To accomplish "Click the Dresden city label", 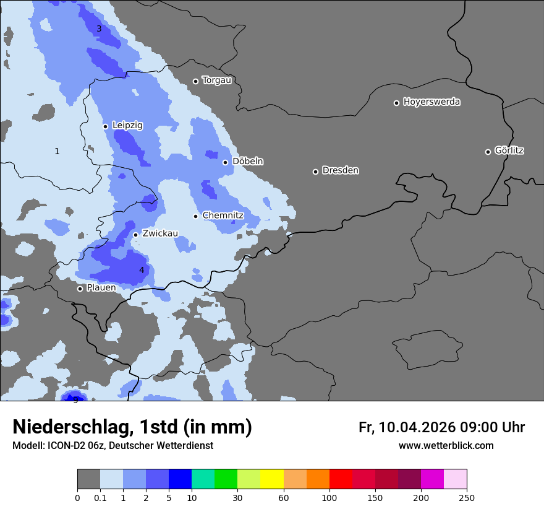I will [x=340, y=170].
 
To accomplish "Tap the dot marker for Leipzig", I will [x=105, y=126].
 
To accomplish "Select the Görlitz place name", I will [x=509, y=150].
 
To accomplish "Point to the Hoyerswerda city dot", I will [x=396, y=103].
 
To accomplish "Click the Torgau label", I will [x=216, y=81].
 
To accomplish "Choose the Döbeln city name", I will [x=247, y=162].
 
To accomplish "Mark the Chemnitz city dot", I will [x=195, y=216].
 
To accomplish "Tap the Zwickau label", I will [x=159, y=233].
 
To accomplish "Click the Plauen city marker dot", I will [x=80, y=289].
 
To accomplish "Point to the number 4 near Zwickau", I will [x=142, y=270].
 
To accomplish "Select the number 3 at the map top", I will [x=99, y=28].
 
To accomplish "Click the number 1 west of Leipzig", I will [x=57, y=151].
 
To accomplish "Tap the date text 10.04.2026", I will [x=417, y=427].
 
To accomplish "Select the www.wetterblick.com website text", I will [x=446, y=445].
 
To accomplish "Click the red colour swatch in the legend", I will [x=341, y=479].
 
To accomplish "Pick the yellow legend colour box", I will [x=272, y=479].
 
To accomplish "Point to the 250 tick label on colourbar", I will [x=466, y=497].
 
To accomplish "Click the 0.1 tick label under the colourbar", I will [x=100, y=497].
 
